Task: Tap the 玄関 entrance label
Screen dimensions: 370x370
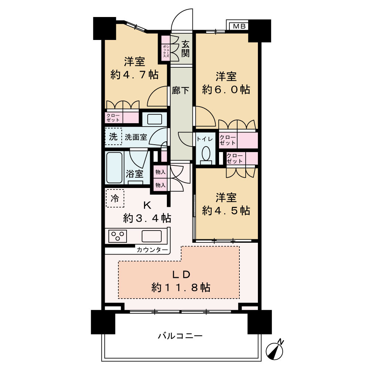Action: click(185, 48)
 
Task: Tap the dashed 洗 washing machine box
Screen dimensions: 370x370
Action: click(113, 137)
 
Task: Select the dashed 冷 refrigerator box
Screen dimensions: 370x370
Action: click(115, 198)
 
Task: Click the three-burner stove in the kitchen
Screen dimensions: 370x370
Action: click(118, 236)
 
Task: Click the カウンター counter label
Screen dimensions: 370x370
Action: click(152, 250)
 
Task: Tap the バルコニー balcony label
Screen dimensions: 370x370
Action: click(180, 336)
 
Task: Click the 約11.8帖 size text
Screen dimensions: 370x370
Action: click(181, 287)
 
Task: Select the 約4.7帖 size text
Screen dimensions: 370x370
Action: click(134, 74)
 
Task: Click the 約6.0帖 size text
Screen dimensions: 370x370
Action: click(226, 89)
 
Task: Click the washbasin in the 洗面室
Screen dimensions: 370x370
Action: click(154, 119)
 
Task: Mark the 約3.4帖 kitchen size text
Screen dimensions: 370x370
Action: click(147, 218)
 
